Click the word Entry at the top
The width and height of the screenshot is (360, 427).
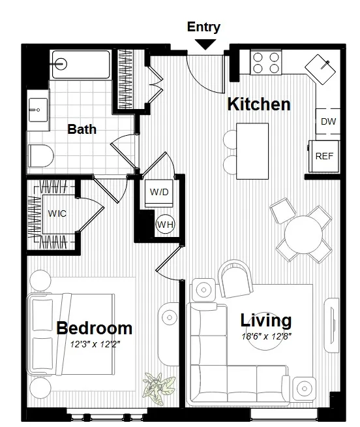pyautogui.click(x=203, y=27)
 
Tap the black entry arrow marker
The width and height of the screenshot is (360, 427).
pyautogui.click(x=206, y=44)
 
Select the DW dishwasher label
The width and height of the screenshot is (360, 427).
pyautogui.click(x=328, y=121)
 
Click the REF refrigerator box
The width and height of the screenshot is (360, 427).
pyautogui.click(x=324, y=157)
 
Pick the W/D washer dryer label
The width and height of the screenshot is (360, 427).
pyautogui.click(x=159, y=192)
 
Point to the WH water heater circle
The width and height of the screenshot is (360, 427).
pyautogui.click(x=165, y=225)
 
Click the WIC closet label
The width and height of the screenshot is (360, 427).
pyautogui.click(x=57, y=214)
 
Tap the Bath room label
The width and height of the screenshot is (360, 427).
pyautogui.click(x=82, y=129)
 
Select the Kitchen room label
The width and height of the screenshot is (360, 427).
pyautogui.click(x=258, y=104)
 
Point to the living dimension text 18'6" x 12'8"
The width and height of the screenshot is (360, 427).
pyautogui.click(x=266, y=337)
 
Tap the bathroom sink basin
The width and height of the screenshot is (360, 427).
pyautogui.click(x=37, y=108)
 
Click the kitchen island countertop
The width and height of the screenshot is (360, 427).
pyautogui.click(x=252, y=150)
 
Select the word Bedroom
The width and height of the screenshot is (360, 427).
pyautogui.click(x=94, y=328)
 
